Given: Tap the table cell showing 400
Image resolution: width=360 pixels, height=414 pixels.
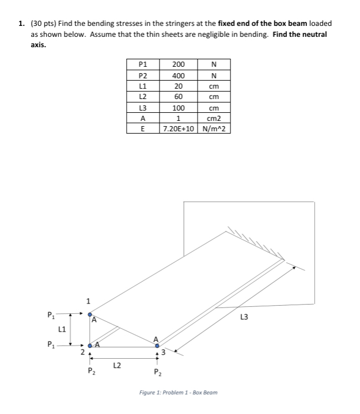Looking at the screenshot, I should coord(178,76).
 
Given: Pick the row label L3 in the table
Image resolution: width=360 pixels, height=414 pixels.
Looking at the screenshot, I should coord(143,108).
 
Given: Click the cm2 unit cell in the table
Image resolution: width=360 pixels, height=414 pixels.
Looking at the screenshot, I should coord(214,118).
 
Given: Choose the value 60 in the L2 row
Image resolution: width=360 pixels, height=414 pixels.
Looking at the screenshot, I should coord(178,97).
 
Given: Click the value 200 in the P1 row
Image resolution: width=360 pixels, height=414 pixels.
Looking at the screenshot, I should coord(178,65).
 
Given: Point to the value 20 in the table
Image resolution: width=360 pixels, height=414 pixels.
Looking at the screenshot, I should coord(178,86).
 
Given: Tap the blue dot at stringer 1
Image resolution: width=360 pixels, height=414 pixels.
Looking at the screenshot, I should coord(89,314).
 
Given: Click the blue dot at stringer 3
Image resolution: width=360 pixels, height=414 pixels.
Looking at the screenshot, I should coord(157,346).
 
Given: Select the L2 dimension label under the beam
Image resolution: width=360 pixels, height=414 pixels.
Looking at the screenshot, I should coord(116,364).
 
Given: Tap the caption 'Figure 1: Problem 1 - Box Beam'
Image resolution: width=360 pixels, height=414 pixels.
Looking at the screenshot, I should coord(179,392).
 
